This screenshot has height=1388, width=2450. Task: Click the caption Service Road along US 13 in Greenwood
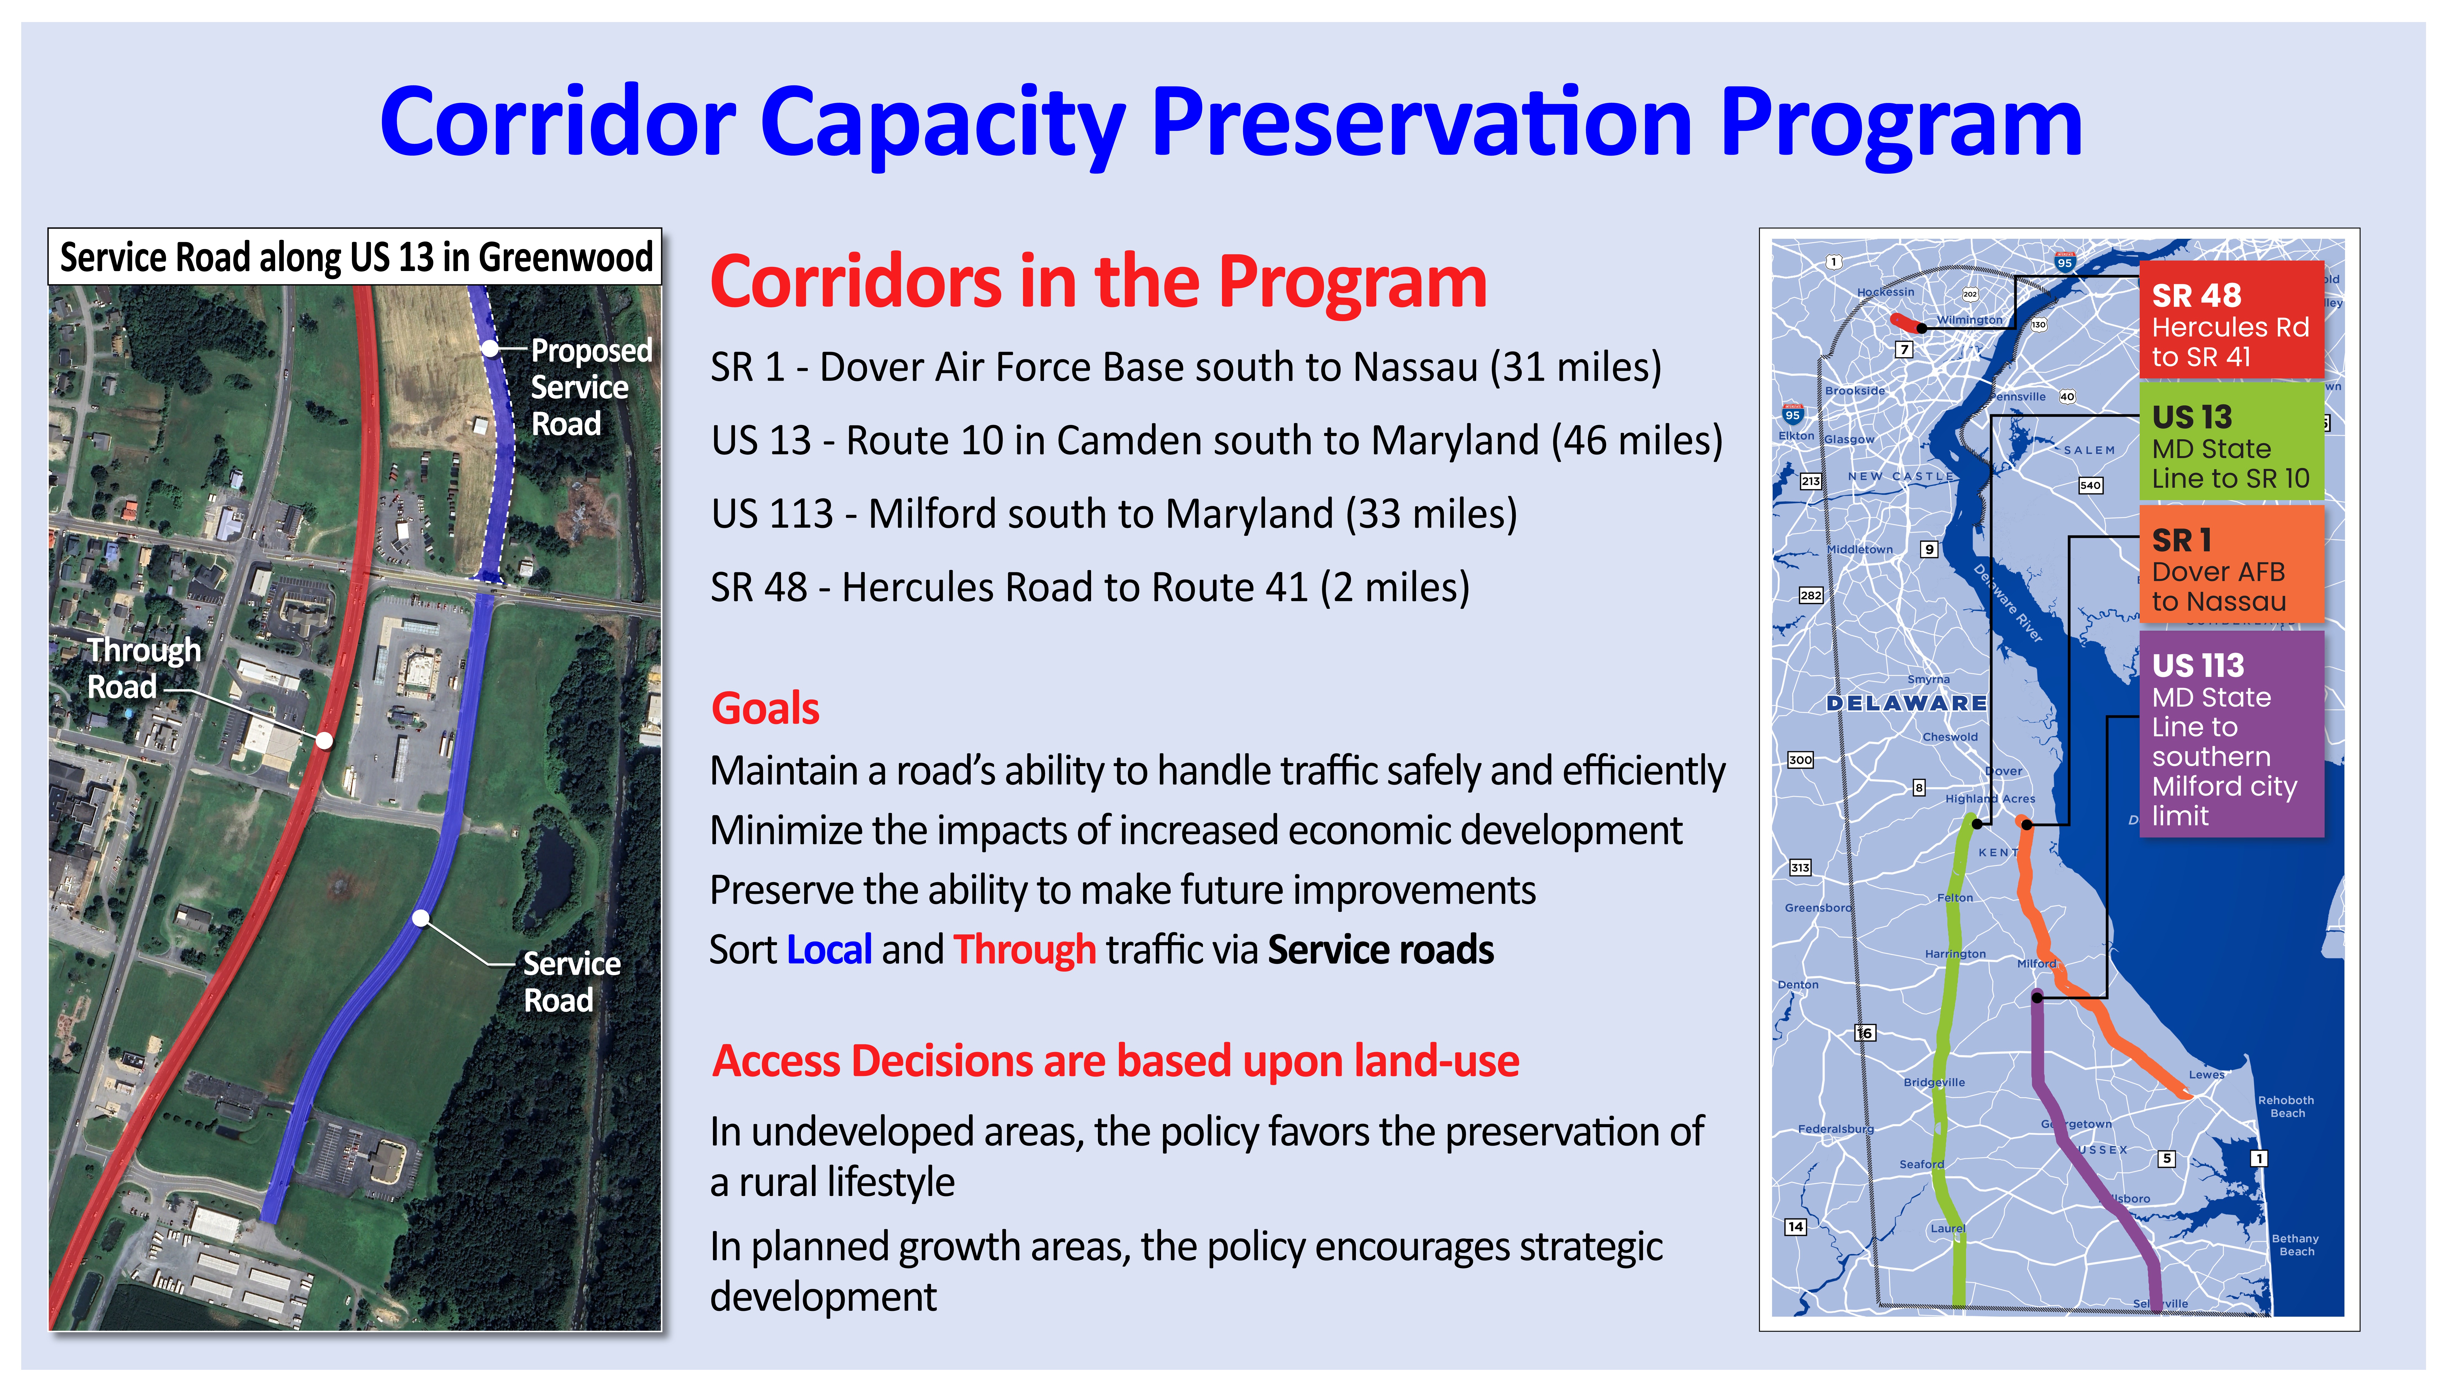pos(355,257)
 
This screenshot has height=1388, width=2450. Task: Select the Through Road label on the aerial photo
pos(143,667)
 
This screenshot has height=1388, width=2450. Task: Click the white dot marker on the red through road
pos(324,740)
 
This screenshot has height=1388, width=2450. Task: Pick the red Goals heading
pos(765,708)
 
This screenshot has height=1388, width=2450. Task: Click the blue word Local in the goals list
pos(829,950)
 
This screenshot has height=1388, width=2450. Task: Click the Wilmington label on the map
pos(1969,320)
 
